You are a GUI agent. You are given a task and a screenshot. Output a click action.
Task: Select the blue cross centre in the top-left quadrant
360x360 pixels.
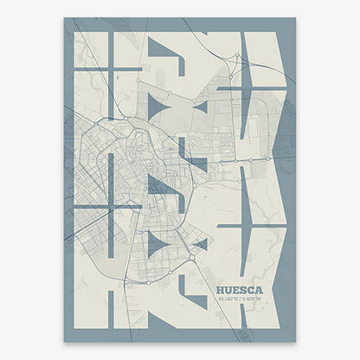pos(111,67)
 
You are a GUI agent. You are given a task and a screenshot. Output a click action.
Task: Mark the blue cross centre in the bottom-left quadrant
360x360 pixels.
pos(111,208)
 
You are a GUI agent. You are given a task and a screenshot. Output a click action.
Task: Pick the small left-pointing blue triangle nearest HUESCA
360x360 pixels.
pos(200,245)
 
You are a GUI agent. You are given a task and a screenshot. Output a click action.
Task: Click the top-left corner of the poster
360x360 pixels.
pos(64,18)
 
